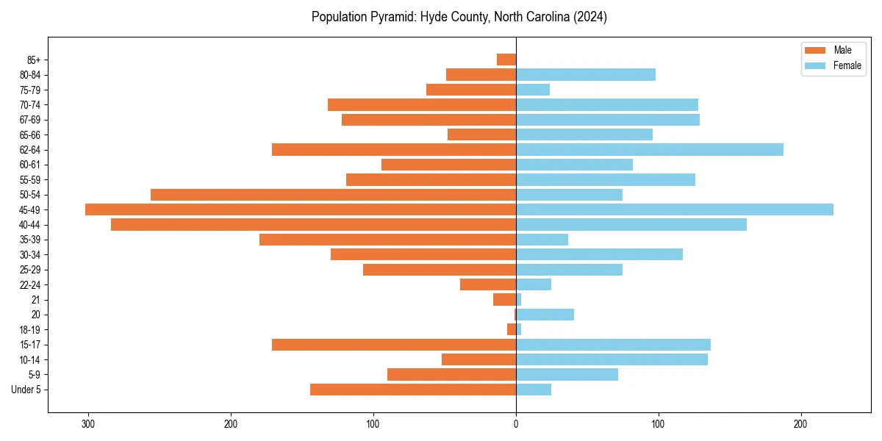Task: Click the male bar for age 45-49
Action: click(x=301, y=209)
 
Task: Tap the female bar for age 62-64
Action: click(x=650, y=149)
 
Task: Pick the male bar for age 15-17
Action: click(x=394, y=345)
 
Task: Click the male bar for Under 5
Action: click(x=413, y=390)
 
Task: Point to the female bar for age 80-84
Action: click(x=586, y=74)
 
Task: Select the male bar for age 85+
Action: click(x=506, y=60)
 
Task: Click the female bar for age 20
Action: click(x=545, y=315)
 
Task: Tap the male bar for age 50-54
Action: click(x=333, y=195)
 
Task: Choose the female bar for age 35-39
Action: click(x=542, y=240)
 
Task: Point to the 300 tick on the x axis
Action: click(x=89, y=424)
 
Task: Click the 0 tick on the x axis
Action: click(x=516, y=424)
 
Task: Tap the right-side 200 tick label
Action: click(x=801, y=424)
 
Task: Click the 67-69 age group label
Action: click(x=30, y=120)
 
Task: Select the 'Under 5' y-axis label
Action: click(x=26, y=390)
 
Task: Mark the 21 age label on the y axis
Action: click(x=36, y=300)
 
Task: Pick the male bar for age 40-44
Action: click(x=314, y=225)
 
